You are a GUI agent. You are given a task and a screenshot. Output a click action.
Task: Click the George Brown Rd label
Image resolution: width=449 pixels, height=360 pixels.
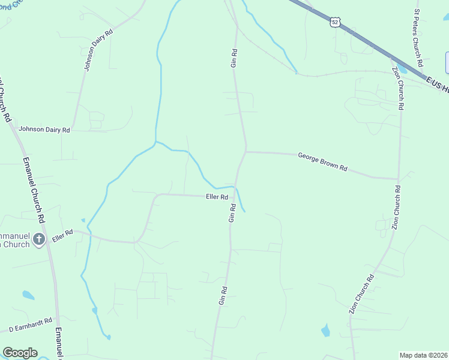pos(322,162)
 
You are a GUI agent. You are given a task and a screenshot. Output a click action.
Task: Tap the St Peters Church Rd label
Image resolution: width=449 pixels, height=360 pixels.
pos(418,38)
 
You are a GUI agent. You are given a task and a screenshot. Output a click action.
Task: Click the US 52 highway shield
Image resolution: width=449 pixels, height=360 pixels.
pos(335,22)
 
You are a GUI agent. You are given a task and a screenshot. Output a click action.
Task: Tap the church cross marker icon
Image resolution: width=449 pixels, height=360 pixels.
pos(39,240)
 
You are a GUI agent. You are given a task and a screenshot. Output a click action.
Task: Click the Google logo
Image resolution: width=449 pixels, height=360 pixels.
pos(20,353)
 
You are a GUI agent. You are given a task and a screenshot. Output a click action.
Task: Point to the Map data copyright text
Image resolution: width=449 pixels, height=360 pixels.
pos(423,355)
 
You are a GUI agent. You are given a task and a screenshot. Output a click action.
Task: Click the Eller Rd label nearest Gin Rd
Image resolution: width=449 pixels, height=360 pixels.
pos(217,197)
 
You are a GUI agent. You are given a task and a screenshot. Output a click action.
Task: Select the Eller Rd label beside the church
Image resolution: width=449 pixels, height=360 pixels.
pos(62,235)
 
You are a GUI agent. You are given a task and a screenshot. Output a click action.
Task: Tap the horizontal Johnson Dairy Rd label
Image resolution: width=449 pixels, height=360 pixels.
pos(44,129)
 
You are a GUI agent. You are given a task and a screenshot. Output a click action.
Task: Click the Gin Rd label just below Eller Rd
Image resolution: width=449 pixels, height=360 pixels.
pos(232,212)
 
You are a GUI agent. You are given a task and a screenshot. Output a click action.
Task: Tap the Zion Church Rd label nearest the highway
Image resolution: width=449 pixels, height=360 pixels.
pos(397,88)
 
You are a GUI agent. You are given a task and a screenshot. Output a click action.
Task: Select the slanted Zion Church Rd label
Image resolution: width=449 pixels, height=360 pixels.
pos(362,294)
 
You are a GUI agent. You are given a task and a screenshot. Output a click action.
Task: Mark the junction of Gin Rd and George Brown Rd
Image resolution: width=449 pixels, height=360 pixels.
pos(246,151)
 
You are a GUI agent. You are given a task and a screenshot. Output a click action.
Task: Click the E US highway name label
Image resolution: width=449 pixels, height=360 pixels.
pos(436,84)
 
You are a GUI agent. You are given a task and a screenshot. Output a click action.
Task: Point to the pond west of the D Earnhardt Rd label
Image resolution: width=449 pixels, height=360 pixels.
pos(28,295)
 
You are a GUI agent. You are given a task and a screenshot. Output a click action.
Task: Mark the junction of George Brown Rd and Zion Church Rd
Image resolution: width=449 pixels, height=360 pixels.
pos(397,179)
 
